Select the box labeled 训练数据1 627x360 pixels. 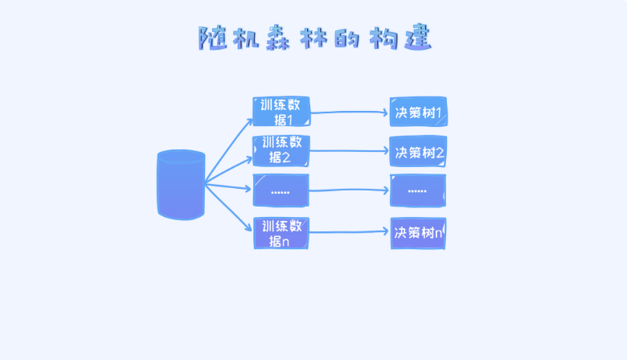281,112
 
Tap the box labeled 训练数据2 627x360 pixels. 281,150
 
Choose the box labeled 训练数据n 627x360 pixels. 281,233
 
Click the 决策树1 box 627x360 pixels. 418,112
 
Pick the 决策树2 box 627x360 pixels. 418,151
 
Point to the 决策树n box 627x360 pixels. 418,233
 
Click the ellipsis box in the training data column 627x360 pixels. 281,190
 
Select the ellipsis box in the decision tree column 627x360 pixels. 418,190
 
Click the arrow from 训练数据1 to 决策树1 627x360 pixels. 350,112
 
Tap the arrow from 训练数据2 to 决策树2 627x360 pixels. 350,151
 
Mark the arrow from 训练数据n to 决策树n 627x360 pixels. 350,232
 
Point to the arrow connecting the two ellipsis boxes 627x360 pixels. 350,190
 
